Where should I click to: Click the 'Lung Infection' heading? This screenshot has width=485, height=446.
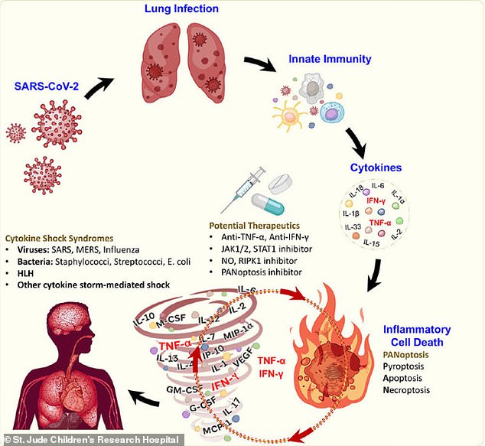(x=181, y=9)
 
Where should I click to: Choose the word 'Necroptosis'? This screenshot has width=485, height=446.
(x=405, y=389)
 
